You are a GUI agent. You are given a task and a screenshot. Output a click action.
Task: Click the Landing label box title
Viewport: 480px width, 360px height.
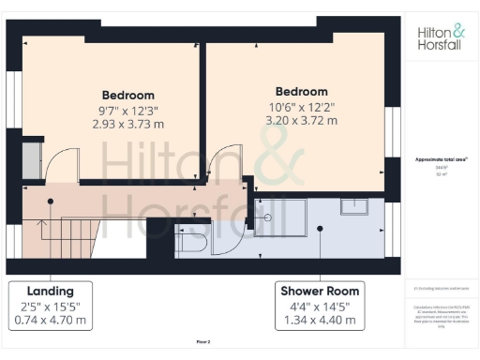[51, 291]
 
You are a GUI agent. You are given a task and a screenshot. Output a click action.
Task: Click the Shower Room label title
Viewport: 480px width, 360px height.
[319, 291]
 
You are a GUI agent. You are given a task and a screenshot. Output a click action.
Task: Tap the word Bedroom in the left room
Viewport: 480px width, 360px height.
[128, 95]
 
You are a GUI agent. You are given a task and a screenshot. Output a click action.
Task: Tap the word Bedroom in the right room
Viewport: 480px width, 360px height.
[302, 91]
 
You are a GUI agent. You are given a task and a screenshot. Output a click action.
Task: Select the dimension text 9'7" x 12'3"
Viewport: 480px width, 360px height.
[128, 109]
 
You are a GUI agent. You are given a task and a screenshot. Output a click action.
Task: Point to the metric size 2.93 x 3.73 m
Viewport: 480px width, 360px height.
[128, 123]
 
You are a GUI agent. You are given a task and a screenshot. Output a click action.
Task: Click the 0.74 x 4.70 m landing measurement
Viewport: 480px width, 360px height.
[51, 321]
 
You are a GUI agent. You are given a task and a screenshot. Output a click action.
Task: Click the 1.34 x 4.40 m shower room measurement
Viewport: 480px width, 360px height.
[319, 321]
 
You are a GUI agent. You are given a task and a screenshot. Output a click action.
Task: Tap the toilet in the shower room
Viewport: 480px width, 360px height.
[191, 245]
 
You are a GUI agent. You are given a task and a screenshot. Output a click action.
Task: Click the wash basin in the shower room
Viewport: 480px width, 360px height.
[354, 207]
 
